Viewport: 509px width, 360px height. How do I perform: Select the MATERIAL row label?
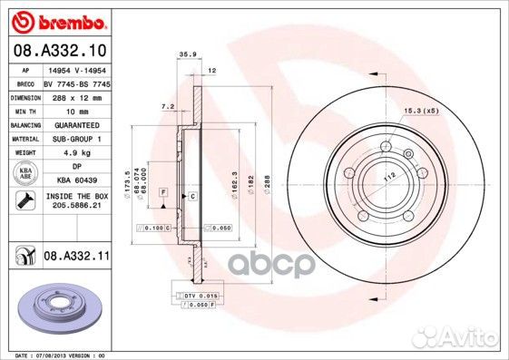(x=24, y=138)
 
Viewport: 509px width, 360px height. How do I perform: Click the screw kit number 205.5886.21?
(x=75, y=206)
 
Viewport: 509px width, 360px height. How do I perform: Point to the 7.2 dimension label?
(x=167, y=106)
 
